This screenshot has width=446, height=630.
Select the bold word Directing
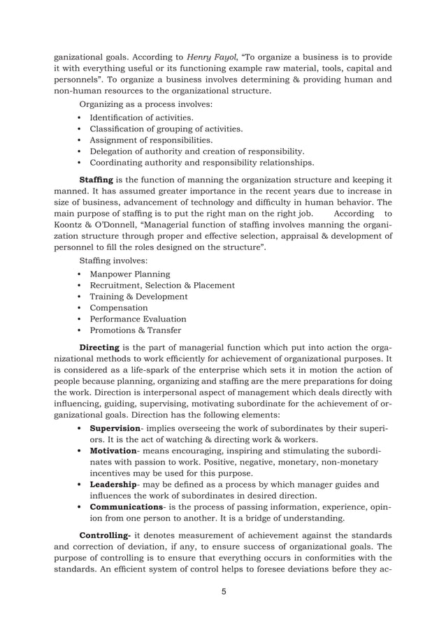[x=100, y=347]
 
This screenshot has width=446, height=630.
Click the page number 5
[x=224, y=592]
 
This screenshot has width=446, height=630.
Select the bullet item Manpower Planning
[x=130, y=274]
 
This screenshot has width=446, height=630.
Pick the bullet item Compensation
[x=119, y=308]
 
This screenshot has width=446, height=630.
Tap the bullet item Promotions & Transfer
[x=135, y=330]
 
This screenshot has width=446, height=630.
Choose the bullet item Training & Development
[x=138, y=297]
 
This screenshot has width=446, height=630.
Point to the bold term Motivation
[x=113, y=450]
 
